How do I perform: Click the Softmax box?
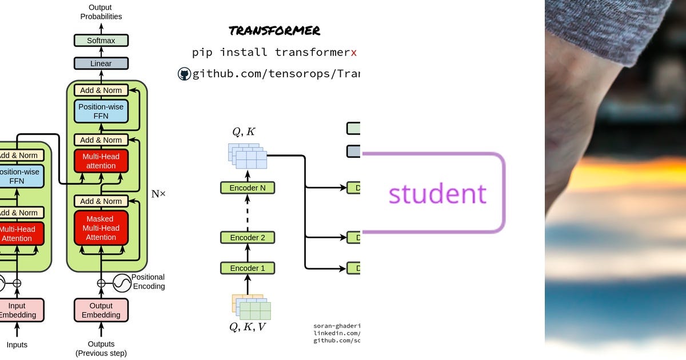pos(101,41)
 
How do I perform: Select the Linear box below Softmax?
pos(101,63)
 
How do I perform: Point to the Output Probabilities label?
pos(101,12)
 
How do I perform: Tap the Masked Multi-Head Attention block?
pos(101,227)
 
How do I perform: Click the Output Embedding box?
pos(101,310)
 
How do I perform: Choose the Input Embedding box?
pos(17,310)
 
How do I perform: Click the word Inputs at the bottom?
pos(17,345)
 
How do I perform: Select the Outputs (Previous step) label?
pos(101,349)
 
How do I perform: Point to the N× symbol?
pos(158,194)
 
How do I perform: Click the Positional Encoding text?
pos(148,282)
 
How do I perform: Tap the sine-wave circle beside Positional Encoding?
pos(122,282)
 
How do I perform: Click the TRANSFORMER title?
pos(274,31)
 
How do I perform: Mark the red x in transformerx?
pos(354,53)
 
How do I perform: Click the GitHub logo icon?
pos(184,74)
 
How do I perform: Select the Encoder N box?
pos(248,188)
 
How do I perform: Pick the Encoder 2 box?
pos(248,237)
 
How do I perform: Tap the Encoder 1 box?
pos(248,268)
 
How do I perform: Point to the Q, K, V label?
pos(248,327)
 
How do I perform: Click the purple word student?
pos(437,194)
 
